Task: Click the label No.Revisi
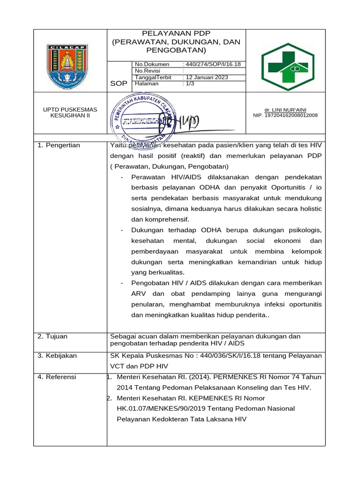[148, 71]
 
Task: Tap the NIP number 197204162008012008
[285, 115]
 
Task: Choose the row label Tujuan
[52, 336]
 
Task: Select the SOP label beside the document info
[119, 83]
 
